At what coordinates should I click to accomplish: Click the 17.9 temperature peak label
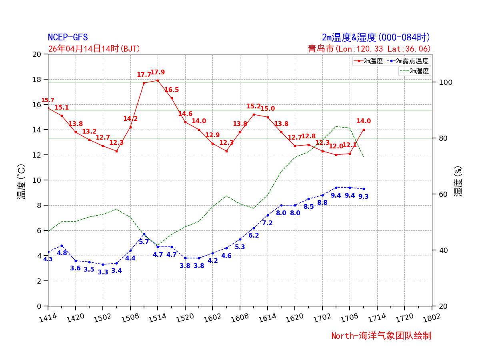coord(158,72)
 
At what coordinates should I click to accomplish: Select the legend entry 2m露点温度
coord(412,61)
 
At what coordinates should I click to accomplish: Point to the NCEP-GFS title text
coord(68,38)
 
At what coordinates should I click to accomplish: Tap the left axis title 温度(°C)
coord(21,181)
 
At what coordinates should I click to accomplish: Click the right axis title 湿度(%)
coord(458,181)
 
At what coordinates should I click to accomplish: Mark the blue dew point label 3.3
coord(103,272)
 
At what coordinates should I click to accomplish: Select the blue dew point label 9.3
coord(364,197)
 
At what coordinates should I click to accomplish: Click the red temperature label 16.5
coord(172,90)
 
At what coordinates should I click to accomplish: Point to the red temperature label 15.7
coord(48,100)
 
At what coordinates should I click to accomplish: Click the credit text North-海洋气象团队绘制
coord(381,336)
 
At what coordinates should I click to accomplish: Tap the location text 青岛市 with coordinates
coord(369,49)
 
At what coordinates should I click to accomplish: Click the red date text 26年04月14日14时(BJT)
coord(94,49)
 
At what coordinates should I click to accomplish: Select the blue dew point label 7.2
coord(267,223)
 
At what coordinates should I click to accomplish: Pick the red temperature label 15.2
coord(254,106)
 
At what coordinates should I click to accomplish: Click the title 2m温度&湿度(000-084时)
coord(376,38)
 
